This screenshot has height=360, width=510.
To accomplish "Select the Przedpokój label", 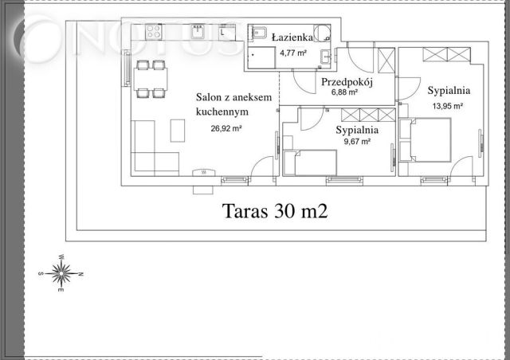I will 344,82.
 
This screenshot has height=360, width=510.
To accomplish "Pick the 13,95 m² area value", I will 447,104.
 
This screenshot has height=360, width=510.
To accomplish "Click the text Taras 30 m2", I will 275,212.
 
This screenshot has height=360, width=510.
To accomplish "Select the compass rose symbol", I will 61,273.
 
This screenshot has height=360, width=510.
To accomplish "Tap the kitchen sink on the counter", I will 196,33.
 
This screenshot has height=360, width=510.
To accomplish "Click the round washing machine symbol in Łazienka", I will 320,33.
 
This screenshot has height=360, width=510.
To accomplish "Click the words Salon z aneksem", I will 234,97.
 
